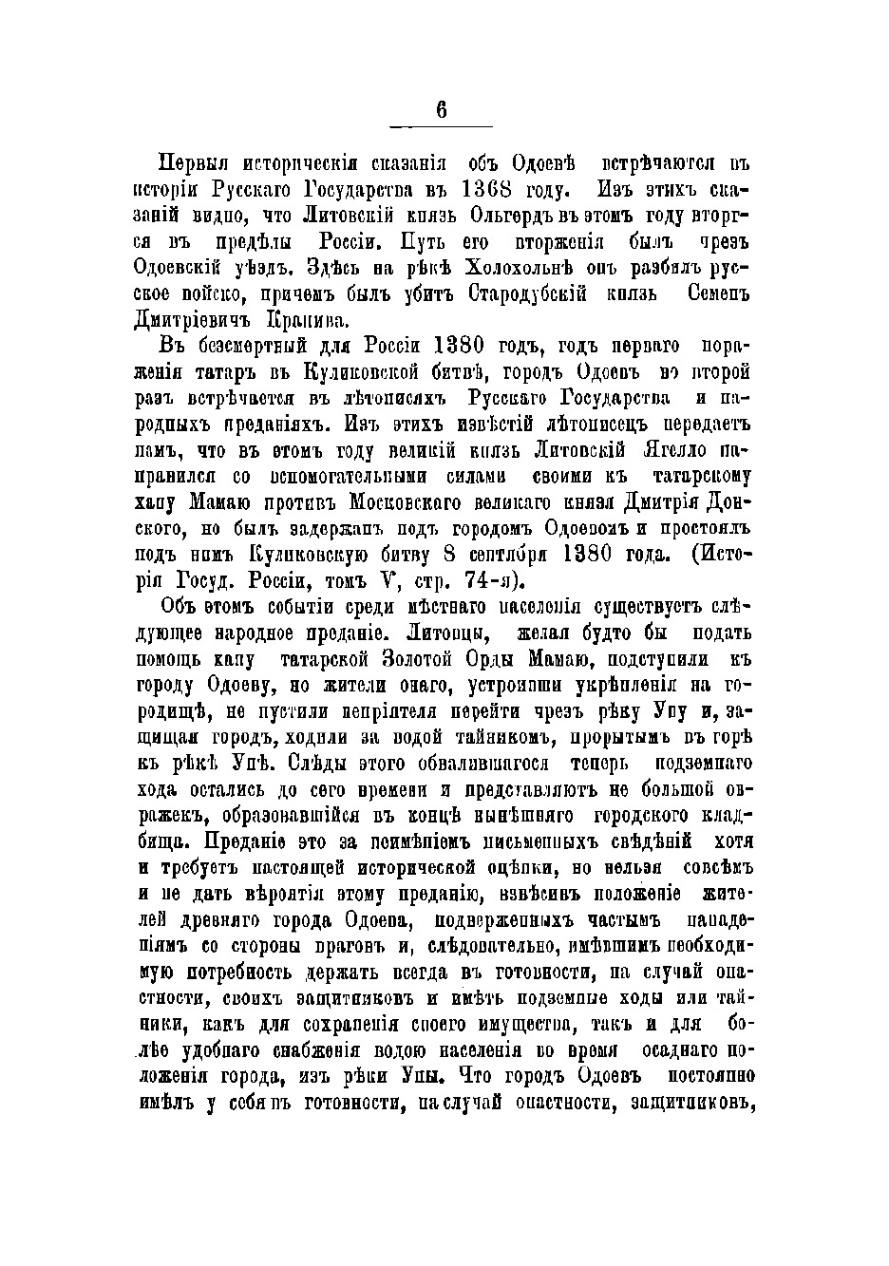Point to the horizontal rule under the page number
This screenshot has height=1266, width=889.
[442, 126]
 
